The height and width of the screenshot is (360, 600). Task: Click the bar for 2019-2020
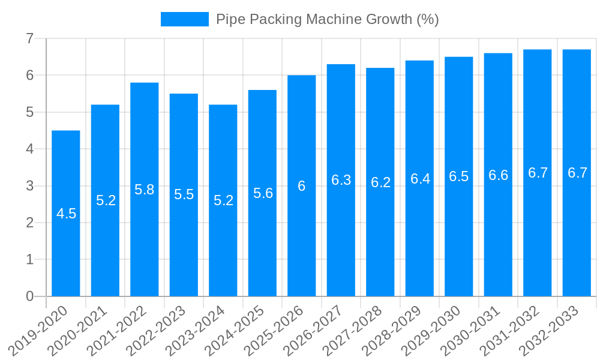point(66,240)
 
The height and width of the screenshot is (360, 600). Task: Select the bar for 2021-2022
point(145,240)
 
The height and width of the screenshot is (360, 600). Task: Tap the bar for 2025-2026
point(302,240)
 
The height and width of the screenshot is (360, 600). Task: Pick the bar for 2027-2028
point(380,240)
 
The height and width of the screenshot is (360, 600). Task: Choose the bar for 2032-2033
point(577,240)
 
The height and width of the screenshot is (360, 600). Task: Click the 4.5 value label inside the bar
point(66,214)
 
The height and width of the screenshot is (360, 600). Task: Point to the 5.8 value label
point(145,190)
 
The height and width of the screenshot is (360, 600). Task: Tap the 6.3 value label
point(341,180)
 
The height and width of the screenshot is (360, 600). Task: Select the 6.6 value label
point(498,175)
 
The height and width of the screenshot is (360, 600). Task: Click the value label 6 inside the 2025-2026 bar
point(302,186)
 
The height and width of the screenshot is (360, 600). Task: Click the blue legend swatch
point(184,19)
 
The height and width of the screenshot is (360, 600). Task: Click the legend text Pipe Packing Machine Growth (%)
point(327,19)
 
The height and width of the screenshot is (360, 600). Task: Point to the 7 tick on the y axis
point(29,38)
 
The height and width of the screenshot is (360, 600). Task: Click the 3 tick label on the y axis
point(29,186)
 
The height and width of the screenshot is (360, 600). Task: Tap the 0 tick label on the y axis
point(29,296)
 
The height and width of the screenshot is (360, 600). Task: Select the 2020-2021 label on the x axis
point(77,329)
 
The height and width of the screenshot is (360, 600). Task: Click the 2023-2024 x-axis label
point(195,329)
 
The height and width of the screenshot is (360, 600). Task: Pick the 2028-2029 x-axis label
point(391,329)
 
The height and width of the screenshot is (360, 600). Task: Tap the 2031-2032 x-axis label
point(509,329)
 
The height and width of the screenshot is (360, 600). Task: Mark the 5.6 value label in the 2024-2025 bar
point(263,193)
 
